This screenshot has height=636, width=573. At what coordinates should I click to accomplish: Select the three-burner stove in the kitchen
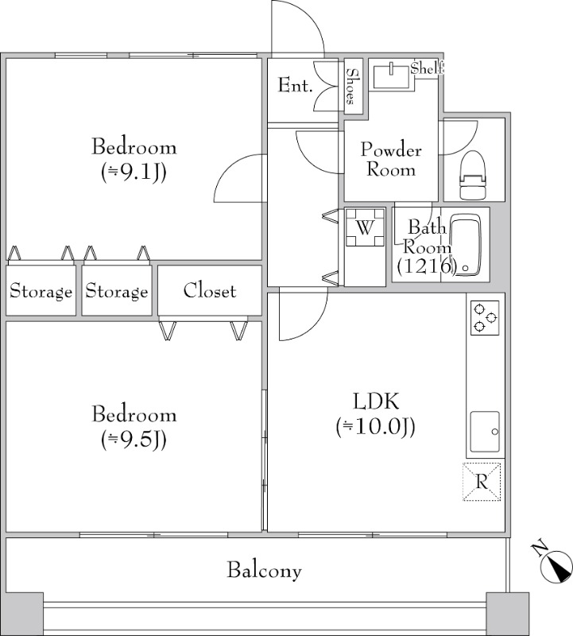coord(485,318)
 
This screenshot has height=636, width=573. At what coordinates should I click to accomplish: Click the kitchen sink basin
coord(485,432)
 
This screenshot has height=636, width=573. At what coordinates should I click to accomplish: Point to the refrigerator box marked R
coord(482,482)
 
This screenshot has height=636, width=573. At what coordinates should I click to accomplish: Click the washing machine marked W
coord(365,227)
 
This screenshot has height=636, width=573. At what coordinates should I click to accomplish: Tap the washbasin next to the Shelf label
coord(392,75)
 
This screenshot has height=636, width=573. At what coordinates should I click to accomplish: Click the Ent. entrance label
coord(295,86)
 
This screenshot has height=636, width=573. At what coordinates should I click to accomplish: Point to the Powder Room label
coord(391,160)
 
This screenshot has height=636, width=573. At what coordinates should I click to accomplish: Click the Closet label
coord(210,291)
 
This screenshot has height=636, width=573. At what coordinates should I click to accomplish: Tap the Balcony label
coord(265,570)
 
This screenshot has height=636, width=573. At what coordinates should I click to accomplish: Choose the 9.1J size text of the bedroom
coord(134,173)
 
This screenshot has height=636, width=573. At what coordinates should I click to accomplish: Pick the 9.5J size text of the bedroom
coord(134,440)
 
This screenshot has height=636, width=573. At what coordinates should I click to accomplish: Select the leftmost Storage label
coord(41,292)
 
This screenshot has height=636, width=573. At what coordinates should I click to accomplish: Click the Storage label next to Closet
coord(117,292)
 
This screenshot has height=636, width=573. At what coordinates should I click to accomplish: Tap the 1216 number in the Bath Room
coord(427,266)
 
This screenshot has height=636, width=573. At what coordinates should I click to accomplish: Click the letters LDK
coord(377,401)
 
